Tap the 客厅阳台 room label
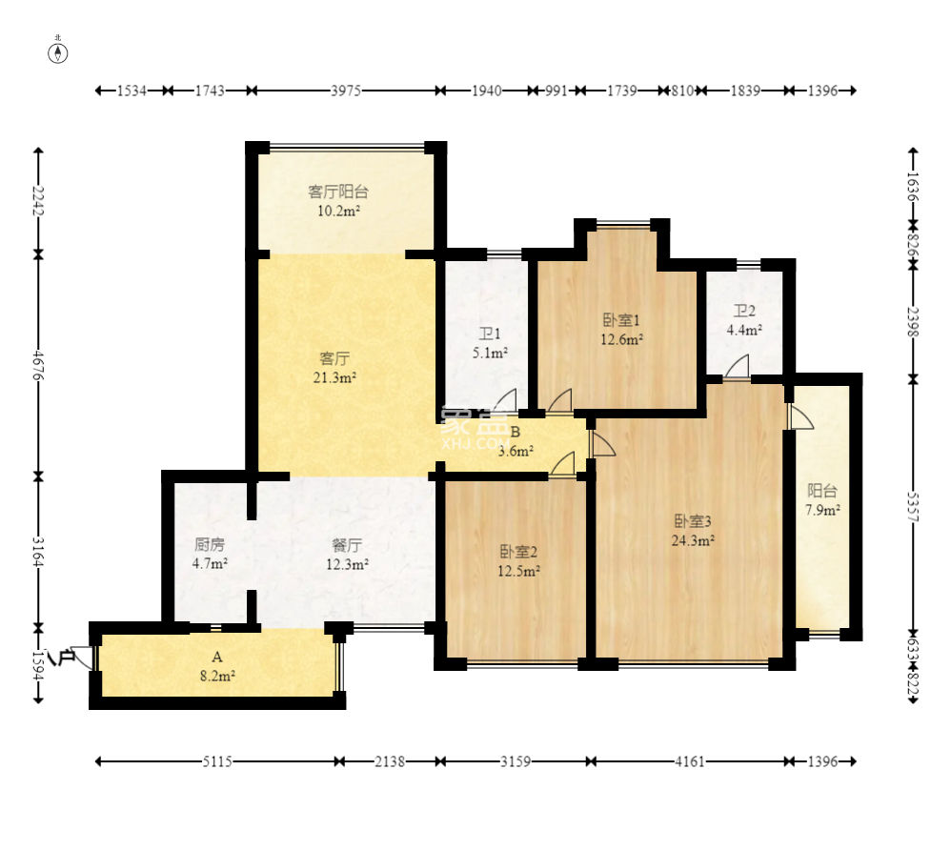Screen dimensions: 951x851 338,192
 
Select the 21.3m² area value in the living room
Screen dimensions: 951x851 334,378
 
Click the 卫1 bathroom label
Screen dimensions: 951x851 490,334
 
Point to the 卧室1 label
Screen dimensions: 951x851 621,319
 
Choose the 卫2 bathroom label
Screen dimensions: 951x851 744,311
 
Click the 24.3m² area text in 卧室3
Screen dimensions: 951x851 693,539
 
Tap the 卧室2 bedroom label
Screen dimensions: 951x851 518,552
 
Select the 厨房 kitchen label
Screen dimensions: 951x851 210,544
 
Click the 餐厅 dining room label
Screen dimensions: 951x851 347,545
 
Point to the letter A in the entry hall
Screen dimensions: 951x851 217,657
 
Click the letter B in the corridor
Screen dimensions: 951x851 516,432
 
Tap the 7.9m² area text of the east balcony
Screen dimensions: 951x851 822,510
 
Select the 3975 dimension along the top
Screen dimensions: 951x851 346,91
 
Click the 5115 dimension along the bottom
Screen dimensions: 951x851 217,761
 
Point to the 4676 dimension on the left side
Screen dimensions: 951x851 38,365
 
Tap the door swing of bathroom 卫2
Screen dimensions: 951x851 738,368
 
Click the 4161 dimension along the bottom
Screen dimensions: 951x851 690,761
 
